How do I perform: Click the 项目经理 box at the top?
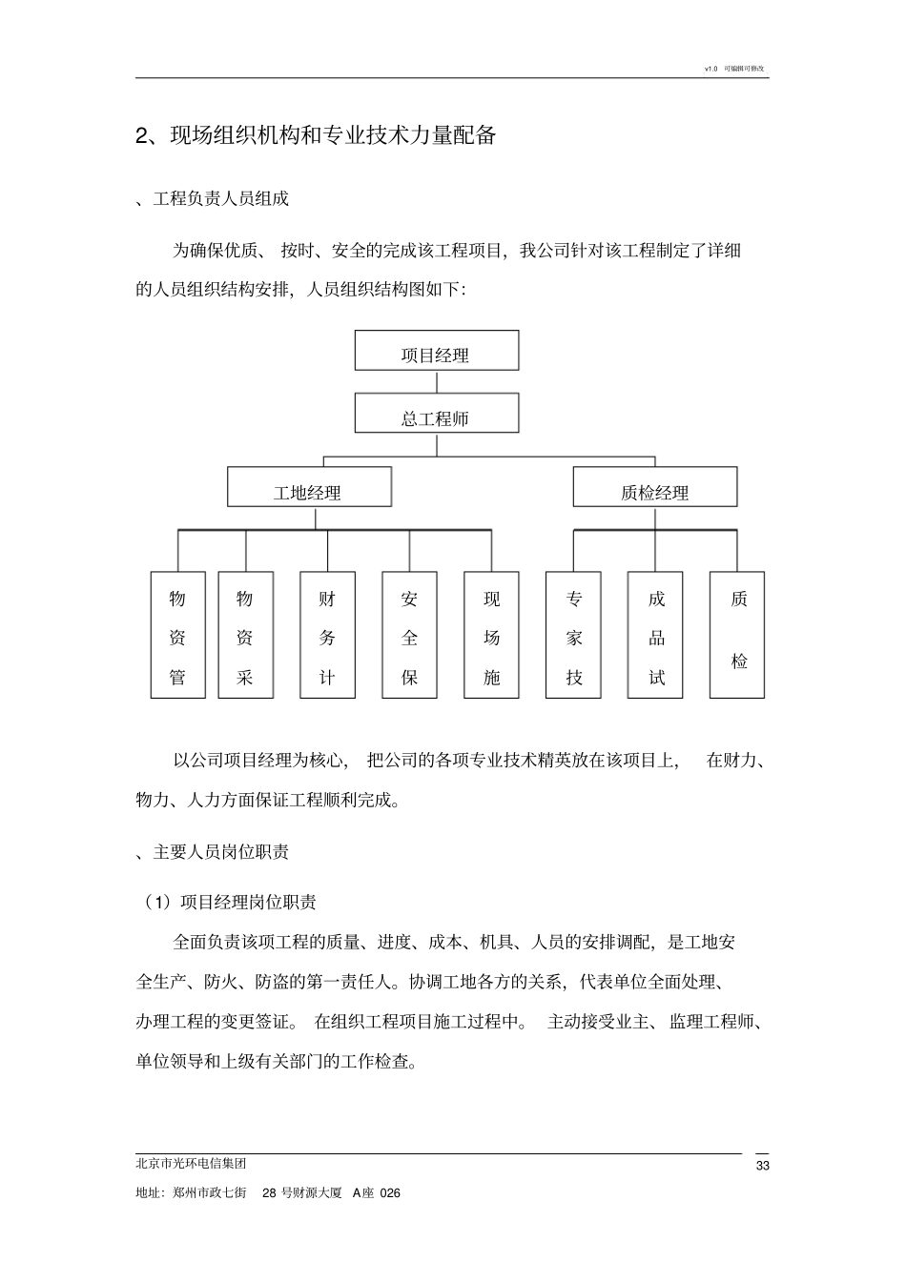437,351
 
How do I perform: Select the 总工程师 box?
437,414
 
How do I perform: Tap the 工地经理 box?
309,487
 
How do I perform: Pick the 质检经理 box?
654,487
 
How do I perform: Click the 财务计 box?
327,635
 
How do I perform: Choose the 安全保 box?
409,635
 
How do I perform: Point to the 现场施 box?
491,635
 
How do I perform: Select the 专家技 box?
573,635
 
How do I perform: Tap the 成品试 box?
655,635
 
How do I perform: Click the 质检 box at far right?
737,635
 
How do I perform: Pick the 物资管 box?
177,635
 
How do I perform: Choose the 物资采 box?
245,635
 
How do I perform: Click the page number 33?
762,1166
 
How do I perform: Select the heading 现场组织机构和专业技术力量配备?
333,135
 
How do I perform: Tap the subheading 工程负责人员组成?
220,198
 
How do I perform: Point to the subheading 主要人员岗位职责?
220,852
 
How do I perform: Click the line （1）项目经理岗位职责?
230,902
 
